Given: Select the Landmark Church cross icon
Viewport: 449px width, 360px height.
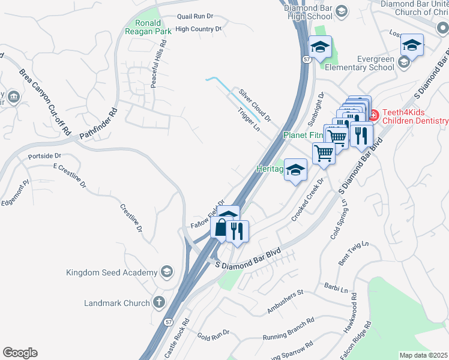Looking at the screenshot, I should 159,302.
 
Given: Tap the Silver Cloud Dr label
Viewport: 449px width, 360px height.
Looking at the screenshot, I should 255,104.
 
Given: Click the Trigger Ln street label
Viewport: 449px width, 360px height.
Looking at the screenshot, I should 249,120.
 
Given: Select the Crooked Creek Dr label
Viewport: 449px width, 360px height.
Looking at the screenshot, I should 307,200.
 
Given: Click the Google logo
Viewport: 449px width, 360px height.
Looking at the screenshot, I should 20,353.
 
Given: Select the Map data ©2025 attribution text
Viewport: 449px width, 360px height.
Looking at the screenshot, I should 423,355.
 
